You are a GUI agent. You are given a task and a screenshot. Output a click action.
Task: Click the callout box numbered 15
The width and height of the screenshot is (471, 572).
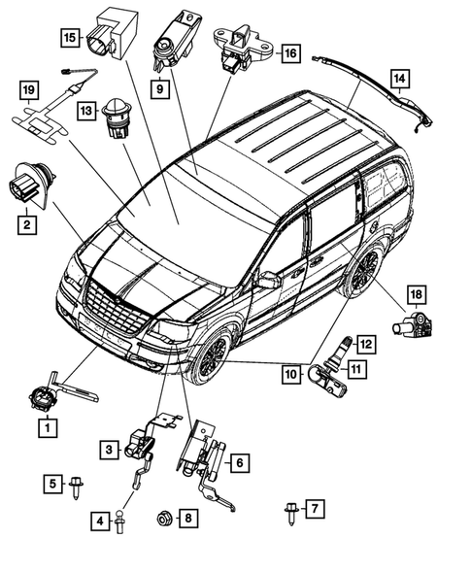tap(69, 38)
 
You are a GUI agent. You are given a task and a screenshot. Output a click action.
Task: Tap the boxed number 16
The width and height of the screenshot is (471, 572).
tap(289, 54)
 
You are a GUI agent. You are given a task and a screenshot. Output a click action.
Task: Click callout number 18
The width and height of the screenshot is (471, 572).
tap(416, 292)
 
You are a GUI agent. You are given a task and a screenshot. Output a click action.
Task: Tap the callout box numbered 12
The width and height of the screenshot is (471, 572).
tap(364, 343)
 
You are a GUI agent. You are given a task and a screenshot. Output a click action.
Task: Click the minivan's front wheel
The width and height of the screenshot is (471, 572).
tap(209, 356)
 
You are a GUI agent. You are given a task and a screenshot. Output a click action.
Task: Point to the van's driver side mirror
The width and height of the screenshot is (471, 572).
tap(267, 281)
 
